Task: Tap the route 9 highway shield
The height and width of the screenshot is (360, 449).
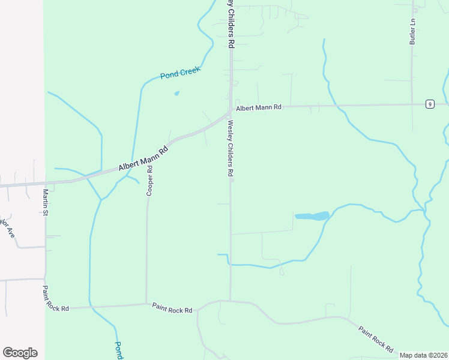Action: [x=430, y=104]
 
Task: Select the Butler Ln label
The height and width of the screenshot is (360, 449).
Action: [x=413, y=31]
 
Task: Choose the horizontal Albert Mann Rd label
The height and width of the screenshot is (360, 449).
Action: [x=258, y=108]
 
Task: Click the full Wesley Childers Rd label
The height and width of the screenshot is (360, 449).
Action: [x=231, y=148]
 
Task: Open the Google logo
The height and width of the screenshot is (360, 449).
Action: [x=20, y=353]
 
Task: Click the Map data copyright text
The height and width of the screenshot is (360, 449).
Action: [x=423, y=355]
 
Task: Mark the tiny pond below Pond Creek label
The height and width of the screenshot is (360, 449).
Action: [x=176, y=93]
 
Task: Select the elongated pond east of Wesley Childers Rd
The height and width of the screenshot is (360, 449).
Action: [x=312, y=215]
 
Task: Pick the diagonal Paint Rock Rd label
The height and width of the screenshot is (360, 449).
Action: [x=376, y=338]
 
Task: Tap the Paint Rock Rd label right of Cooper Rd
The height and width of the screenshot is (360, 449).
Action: [x=172, y=308]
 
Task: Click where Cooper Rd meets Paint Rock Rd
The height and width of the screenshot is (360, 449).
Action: [x=146, y=304]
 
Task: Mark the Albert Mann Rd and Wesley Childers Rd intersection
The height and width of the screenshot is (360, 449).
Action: [x=230, y=110]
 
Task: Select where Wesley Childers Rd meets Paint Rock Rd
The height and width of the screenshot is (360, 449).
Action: [x=230, y=301]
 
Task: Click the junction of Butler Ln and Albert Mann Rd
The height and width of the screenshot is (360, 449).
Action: [x=412, y=104]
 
